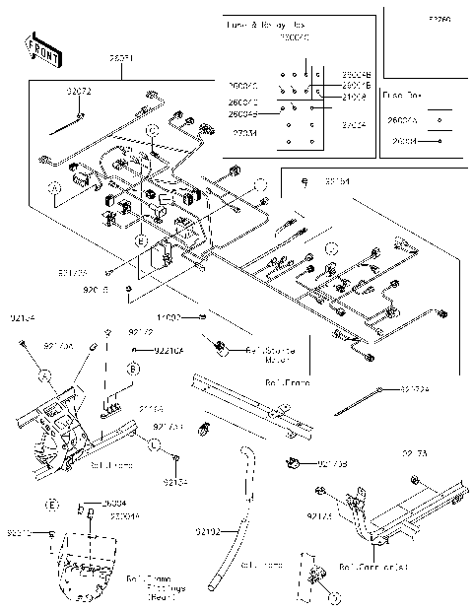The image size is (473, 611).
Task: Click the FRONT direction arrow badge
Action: pos(38,46)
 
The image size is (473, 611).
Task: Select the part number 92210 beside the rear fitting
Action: pos(20,533)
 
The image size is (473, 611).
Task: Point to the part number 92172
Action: pos(142,332)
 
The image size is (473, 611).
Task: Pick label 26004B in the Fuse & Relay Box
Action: pos(356,75)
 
